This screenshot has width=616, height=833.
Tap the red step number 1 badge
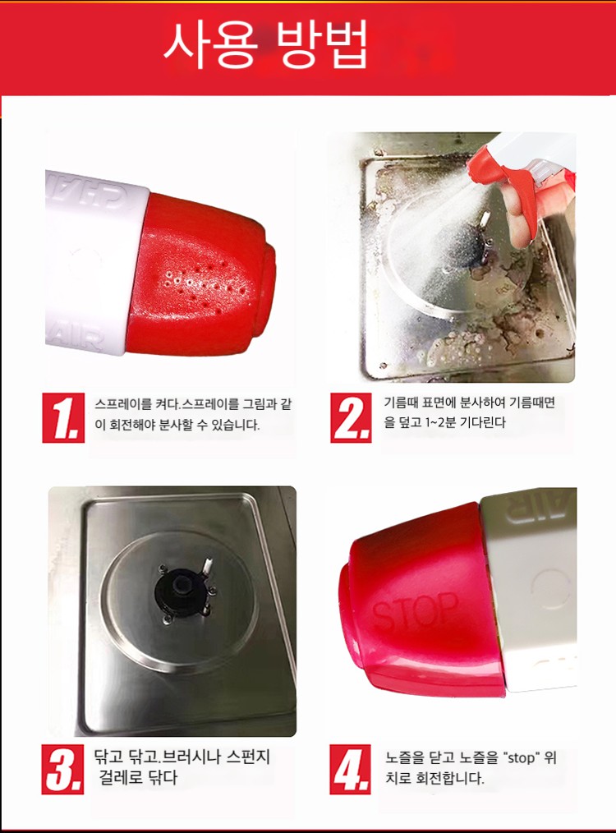(x=63, y=417)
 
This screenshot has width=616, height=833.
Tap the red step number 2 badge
(x=351, y=417)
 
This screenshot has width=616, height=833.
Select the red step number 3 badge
(x=62, y=769)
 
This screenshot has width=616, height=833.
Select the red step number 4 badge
(x=350, y=769)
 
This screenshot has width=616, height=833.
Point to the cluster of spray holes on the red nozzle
(x=205, y=282)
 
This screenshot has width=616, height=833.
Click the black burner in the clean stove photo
(x=182, y=590)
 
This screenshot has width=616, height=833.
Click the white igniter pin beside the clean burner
(x=208, y=566)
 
